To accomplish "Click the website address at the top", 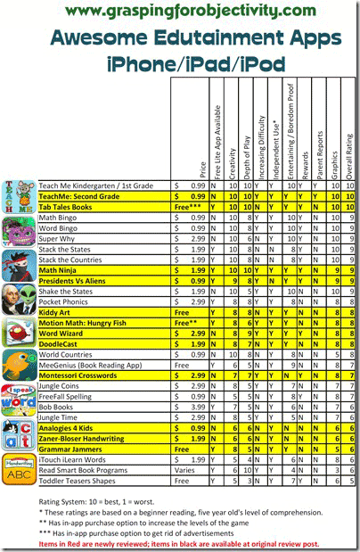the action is (180, 12).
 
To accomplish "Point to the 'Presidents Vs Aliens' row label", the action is (78, 280).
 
